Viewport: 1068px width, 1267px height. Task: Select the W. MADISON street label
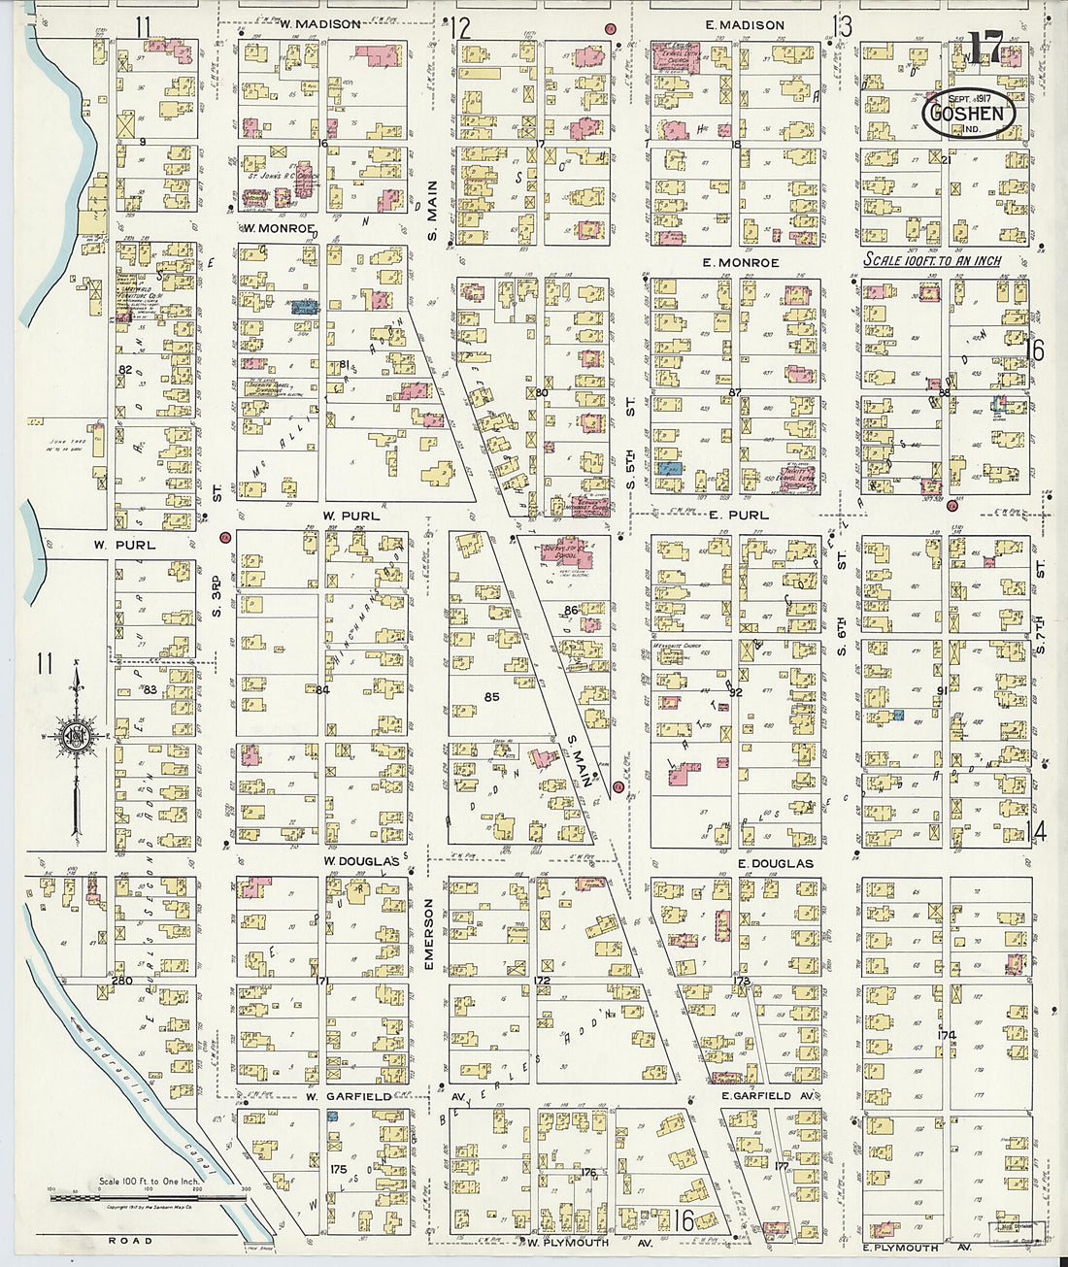tap(294, 24)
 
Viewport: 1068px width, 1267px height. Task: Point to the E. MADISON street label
tap(745, 25)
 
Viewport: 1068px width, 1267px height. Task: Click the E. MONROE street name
tap(742, 263)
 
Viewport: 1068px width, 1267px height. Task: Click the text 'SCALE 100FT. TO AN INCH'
tap(932, 261)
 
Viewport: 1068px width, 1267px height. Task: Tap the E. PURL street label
tap(739, 515)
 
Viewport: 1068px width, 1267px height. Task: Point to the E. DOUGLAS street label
tap(774, 863)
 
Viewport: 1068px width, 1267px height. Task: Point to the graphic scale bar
tap(146, 1198)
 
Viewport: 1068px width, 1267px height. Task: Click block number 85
tap(491, 696)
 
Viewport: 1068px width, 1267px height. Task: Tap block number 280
tap(121, 981)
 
